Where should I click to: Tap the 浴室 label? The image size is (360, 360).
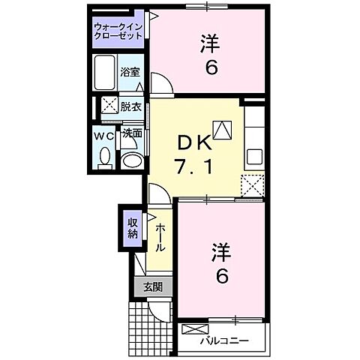coord(130,72)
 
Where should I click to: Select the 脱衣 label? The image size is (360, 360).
coord(131,106)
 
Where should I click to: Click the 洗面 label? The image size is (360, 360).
coord(132,134)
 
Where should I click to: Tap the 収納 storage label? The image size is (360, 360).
coord(131,227)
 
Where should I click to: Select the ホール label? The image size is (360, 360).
coord(160,236)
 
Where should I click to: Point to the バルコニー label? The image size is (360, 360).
coord(224,341)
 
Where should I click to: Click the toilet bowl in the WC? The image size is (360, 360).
coord(105,158)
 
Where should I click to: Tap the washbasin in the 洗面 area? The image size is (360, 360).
coord(132,159)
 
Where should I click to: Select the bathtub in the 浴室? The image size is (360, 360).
coord(106,72)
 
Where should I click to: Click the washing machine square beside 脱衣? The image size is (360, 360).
coord(109,106)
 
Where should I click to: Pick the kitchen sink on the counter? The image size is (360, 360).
coord(254,157)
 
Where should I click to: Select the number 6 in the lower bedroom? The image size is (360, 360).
coord(222,277)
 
